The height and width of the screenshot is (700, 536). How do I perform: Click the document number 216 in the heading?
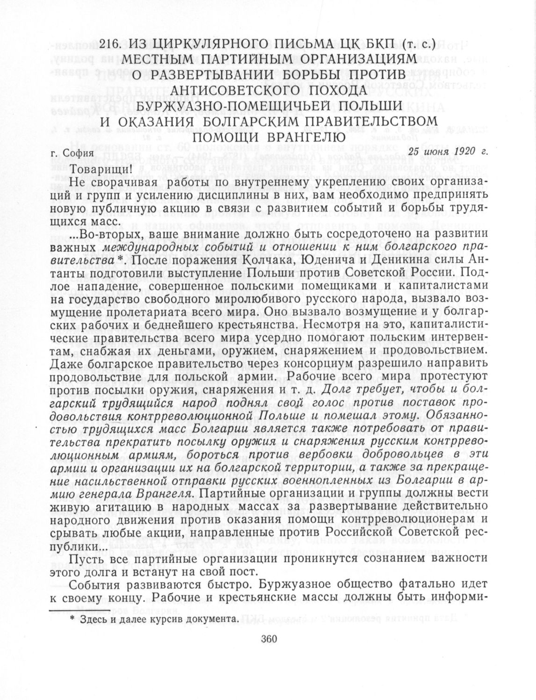[x=110, y=45]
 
